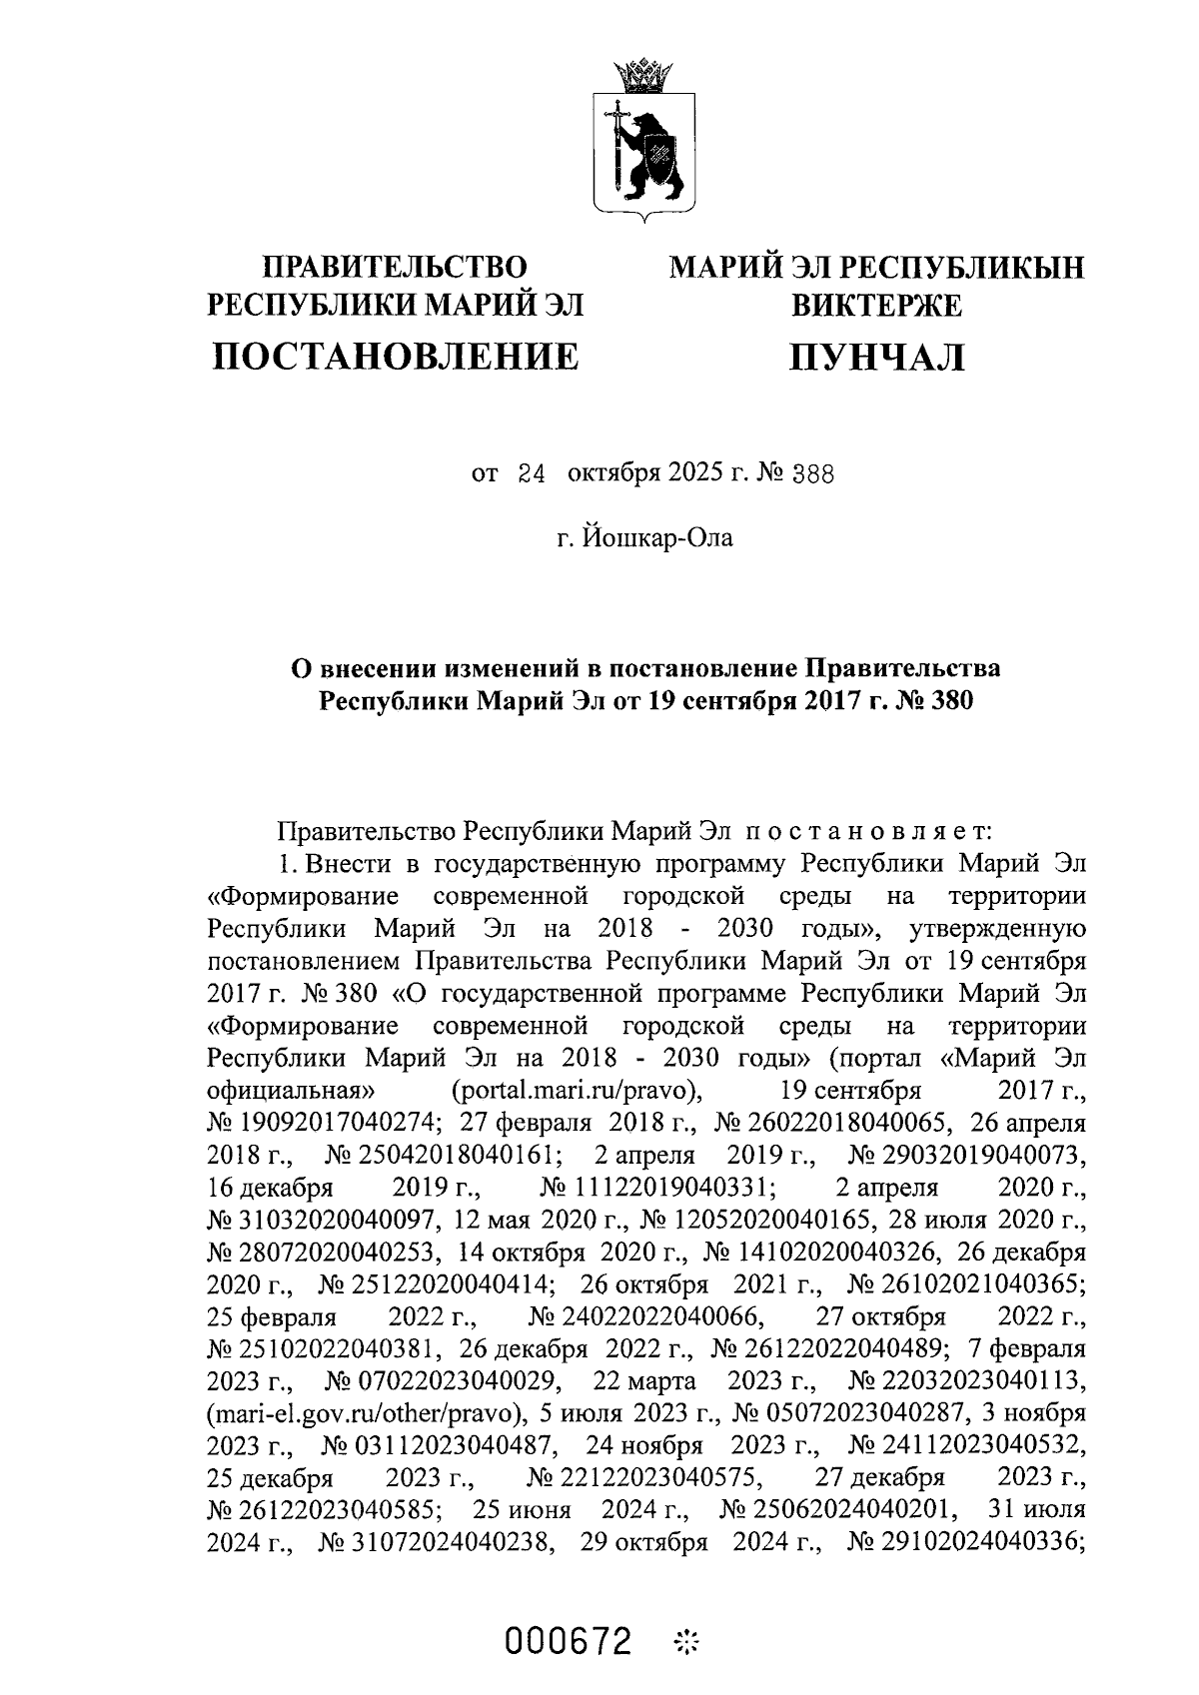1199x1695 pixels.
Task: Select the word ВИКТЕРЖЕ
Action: click(x=876, y=305)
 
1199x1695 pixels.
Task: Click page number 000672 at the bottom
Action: click(x=569, y=1639)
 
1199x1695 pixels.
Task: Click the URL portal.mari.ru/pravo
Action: click(x=575, y=1090)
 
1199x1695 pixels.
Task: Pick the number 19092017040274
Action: click(x=322, y=1123)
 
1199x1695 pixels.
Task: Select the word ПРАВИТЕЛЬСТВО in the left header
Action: click(x=394, y=268)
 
